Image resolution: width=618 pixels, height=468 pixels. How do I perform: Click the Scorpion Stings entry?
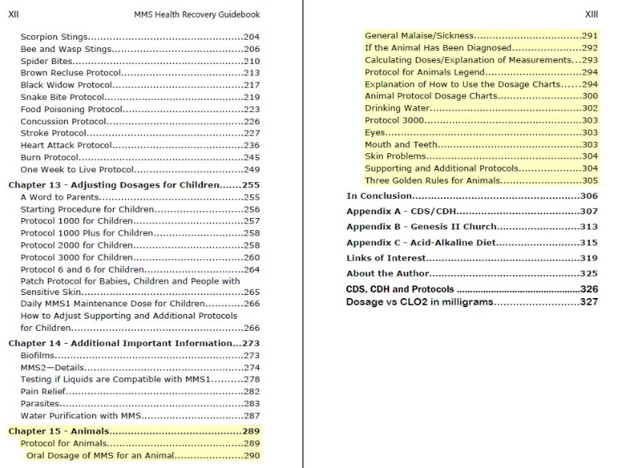tap(53, 37)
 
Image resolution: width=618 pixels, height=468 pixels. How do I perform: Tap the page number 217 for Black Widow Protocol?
tap(252, 85)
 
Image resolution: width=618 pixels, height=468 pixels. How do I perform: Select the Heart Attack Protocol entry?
tap(66, 146)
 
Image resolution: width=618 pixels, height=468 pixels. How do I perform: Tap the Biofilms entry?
tap(37, 355)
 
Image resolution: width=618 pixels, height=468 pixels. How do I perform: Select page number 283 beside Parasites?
tap(252, 404)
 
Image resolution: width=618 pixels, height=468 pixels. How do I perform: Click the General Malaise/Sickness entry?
tap(420, 36)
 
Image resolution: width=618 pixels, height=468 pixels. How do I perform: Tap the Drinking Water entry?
tap(397, 108)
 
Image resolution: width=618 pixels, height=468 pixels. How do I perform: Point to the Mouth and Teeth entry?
tap(401, 144)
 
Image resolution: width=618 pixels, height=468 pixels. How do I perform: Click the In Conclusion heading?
tap(381, 197)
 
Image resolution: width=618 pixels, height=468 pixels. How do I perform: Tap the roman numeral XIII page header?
tap(591, 14)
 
